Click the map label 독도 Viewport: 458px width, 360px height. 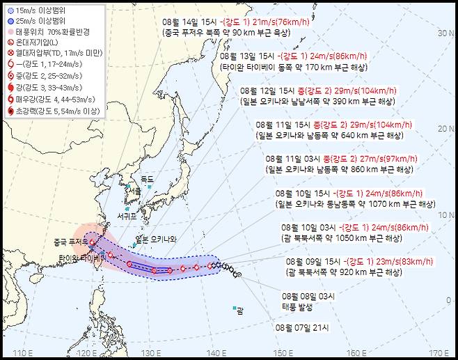pos(146,179)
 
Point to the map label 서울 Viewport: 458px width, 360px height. pos(133,189)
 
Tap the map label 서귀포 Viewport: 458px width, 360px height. pos(127,216)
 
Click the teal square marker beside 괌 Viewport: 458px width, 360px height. pos(235,308)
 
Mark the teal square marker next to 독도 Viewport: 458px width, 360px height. pos(148,186)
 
